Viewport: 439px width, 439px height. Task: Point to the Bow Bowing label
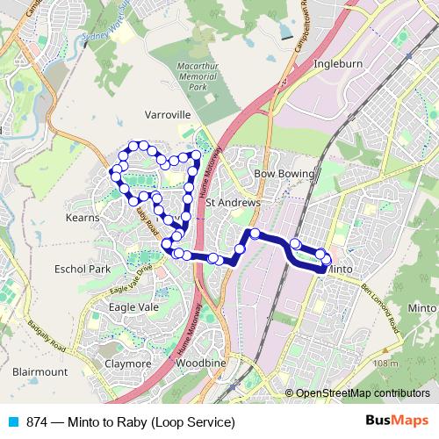click(284, 174)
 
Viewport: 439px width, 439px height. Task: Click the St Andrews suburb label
click(234, 203)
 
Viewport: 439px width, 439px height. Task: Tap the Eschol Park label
click(81, 269)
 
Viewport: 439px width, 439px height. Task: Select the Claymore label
click(128, 363)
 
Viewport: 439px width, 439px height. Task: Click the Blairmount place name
click(40, 371)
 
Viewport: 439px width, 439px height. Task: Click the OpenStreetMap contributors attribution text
click(363, 393)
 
